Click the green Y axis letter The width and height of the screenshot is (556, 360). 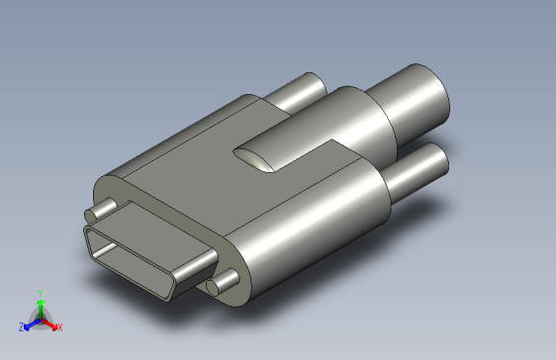(40, 292)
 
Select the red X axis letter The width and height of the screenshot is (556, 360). (59, 326)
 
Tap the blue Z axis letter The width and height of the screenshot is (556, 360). (21, 326)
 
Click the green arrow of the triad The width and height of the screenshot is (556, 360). (40, 306)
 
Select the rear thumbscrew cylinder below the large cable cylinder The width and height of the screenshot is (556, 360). (416, 171)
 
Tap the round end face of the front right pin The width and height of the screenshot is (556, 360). (213, 287)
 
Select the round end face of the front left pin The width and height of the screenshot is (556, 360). (93, 213)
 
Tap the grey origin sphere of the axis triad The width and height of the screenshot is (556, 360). (40, 319)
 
